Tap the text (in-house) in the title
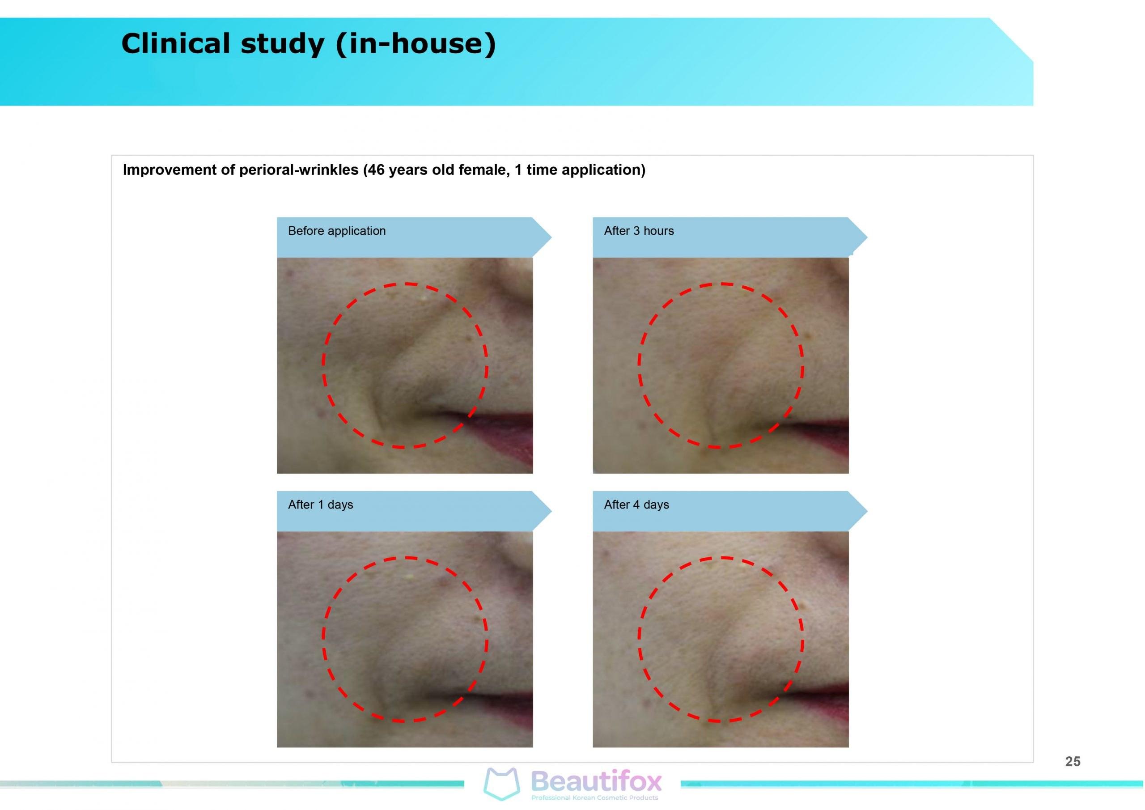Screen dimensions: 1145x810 tap(416, 44)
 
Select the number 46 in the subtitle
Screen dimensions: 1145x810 tap(377, 170)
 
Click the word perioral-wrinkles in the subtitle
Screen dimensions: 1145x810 tap(299, 170)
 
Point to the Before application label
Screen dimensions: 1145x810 tap(337, 231)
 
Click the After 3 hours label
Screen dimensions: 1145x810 tap(639, 231)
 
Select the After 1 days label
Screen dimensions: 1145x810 tap(320, 505)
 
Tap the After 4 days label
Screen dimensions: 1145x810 tap(636, 505)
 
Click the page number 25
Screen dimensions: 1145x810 tap(1073, 762)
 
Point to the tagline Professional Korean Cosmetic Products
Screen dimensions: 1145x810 tap(594, 798)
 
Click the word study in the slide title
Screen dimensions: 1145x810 tap(283, 44)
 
